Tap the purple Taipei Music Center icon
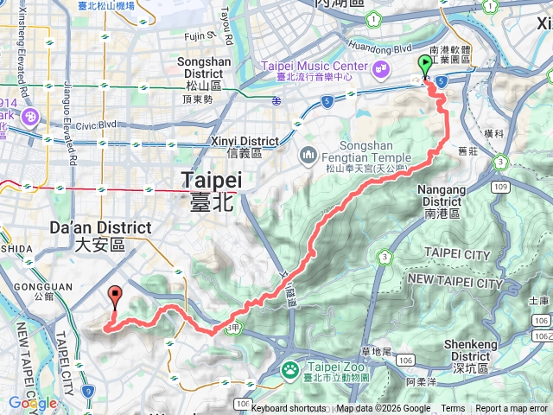[380, 67]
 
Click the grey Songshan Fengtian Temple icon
[308, 156]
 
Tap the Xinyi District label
[244, 147]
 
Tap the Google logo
[33, 403]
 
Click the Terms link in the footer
[453, 409]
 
